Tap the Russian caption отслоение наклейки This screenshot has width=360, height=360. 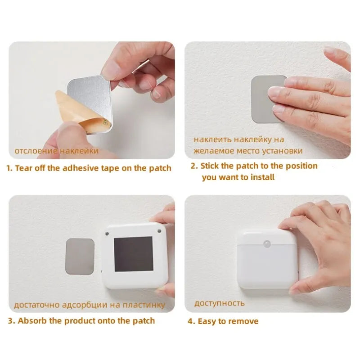coord(56,151)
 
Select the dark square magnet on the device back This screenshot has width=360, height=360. coord(134,254)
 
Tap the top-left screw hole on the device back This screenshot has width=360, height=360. coord(107,233)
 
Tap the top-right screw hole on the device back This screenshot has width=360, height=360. coord(159,232)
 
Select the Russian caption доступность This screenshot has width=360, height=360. coord(219,303)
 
